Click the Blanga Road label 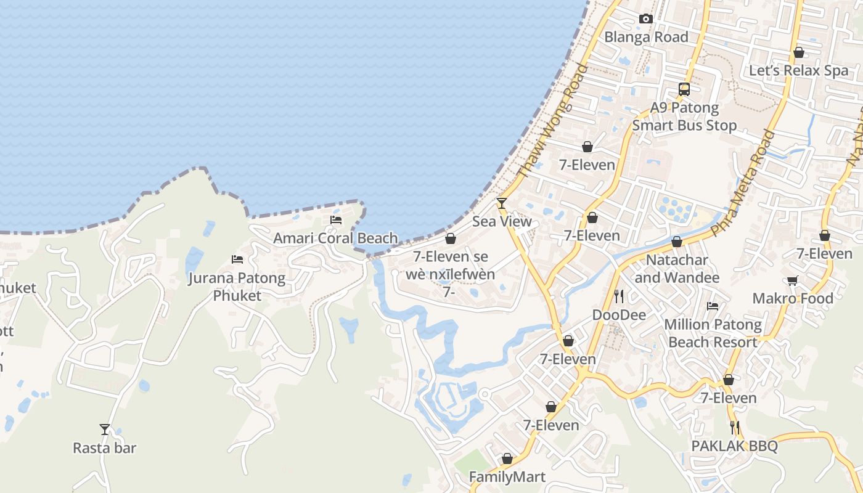(646, 37)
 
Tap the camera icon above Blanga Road (646, 19)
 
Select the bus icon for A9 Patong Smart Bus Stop (684, 89)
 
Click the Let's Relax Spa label (798, 70)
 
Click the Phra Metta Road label (742, 183)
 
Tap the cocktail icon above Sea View (502, 203)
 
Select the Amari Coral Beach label (335, 238)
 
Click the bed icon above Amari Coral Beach (336, 219)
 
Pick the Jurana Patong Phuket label (237, 287)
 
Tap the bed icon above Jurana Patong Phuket (237, 259)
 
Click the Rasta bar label (105, 448)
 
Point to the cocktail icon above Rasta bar (105, 430)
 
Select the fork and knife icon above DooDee (619, 296)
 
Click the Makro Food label (792, 299)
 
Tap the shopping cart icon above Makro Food (793, 281)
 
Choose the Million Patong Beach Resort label (713, 333)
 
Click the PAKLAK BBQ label (734, 446)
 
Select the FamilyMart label (507, 477)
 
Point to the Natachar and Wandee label (676, 269)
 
